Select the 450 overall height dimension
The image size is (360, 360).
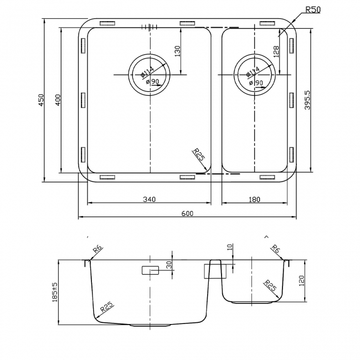[x=40, y=100]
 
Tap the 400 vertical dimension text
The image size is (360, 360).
[x=57, y=100]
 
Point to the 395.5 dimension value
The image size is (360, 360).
[x=315, y=100]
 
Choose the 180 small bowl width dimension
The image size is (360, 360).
[x=255, y=199]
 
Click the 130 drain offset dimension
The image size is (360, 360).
[x=177, y=51]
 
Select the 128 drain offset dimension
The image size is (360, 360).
[x=276, y=51]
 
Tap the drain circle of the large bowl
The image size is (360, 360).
[x=148, y=74]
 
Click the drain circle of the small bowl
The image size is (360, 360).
[x=254, y=74]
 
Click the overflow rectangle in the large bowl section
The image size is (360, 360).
[x=150, y=270]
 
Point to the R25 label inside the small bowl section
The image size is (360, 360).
[x=270, y=286]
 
